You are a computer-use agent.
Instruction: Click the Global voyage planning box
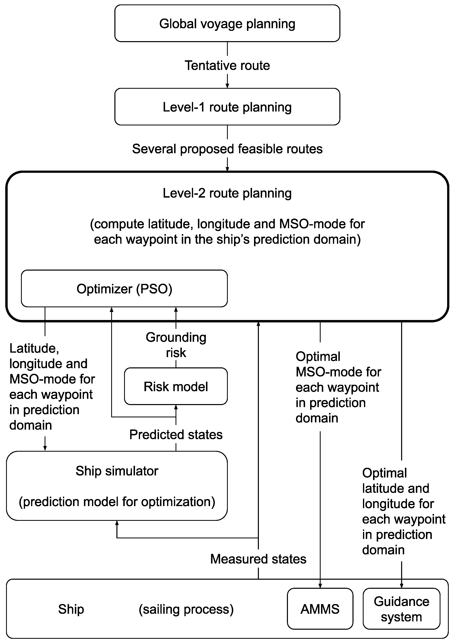click(x=227, y=24)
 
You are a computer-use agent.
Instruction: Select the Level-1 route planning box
click(x=227, y=107)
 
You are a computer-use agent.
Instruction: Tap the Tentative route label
click(x=227, y=65)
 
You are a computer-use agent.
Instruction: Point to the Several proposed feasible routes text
click(x=227, y=149)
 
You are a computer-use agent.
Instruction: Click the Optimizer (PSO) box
click(x=124, y=289)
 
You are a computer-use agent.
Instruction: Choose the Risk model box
click(x=176, y=387)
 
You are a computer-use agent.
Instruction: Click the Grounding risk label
click(x=176, y=345)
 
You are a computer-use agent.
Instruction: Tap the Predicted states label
click(x=176, y=435)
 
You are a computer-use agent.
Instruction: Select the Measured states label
click(x=258, y=559)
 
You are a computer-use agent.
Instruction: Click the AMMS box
click(x=320, y=609)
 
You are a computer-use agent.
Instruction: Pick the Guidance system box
click(x=401, y=609)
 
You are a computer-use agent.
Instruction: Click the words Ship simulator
click(x=117, y=471)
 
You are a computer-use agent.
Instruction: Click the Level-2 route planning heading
click(x=227, y=193)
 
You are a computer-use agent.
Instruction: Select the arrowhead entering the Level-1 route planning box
click(x=227, y=86)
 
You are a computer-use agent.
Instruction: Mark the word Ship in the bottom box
click(x=71, y=609)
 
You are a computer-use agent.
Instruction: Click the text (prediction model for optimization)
click(x=117, y=502)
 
